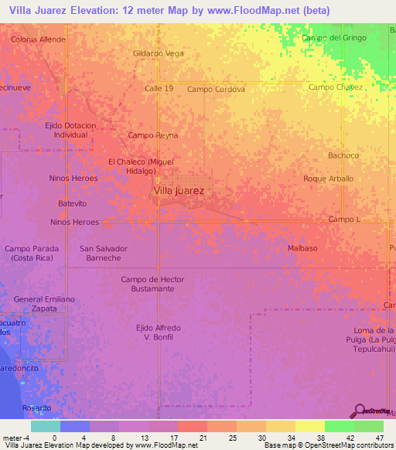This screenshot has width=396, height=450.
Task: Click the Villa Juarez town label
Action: click(x=179, y=189)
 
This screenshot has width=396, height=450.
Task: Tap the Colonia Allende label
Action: click(x=37, y=38)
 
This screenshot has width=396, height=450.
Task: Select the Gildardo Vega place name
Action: click(x=159, y=53)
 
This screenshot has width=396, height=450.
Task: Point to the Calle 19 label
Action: click(x=159, y=89)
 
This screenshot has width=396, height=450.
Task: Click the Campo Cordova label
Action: click(x=216, y=89)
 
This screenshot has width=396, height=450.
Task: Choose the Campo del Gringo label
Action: click(x=333, y=38)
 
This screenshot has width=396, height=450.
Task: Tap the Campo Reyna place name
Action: click(x=152, y=135)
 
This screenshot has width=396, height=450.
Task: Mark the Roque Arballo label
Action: click(x=328, y=179)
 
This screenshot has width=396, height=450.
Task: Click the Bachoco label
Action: click(x=343, y=155)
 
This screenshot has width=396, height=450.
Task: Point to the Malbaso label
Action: click(x=302, y=248)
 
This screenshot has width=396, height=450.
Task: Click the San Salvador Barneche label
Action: click(x=104, y=254)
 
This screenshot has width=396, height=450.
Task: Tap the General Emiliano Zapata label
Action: click(x=44, y=303)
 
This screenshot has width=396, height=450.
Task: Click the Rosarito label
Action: click(x=36, y=407)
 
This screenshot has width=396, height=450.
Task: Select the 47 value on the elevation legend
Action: click(x=380, y=438)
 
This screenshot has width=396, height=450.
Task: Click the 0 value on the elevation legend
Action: click(x=54, y=438)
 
